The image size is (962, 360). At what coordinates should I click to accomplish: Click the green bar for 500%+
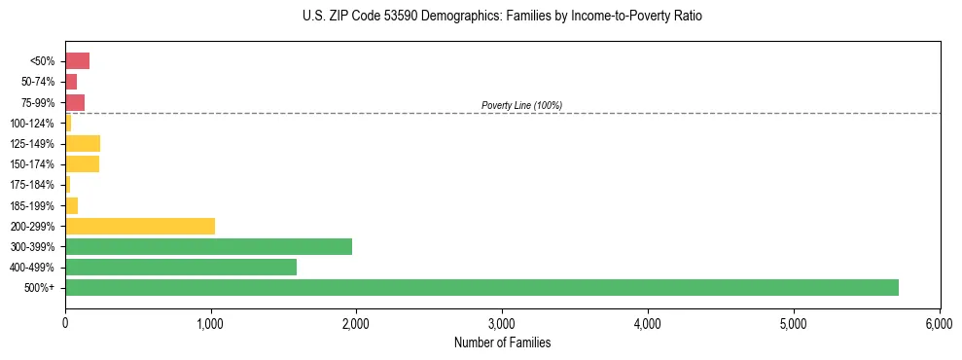[481, 287]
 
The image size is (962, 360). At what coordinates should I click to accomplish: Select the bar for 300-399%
[208, 246]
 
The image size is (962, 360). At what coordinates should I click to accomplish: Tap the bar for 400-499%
[181, 267]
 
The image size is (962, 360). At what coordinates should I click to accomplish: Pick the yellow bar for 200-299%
[140, 226]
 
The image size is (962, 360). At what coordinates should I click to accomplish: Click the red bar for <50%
[77, 61]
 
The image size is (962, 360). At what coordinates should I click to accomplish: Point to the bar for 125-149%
[83, 143]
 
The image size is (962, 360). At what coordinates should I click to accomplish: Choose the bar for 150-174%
[82, 163]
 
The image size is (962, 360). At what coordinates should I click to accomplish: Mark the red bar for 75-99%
[75, 102]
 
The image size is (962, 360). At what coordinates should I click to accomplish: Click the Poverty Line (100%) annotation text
[521, 105]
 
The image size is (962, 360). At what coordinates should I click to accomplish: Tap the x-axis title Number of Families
[502, 342]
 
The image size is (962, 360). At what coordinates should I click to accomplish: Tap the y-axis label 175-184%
[32, 185]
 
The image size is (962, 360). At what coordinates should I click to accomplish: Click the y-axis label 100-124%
[32, 123]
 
